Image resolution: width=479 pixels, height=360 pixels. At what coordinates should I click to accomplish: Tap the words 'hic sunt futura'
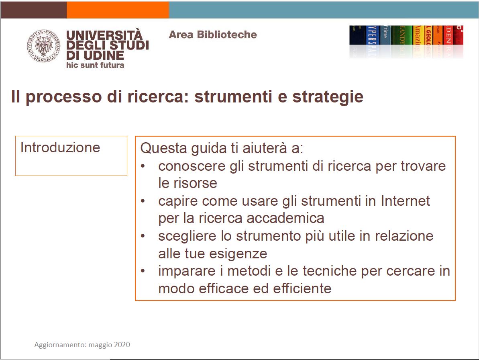(x=95, y=65)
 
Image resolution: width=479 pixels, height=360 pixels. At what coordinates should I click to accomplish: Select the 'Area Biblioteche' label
(x=213, y=35)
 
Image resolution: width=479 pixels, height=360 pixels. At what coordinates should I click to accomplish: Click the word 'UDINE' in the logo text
(x=101, y=55)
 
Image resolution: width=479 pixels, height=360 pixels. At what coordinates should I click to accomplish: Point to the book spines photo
(x=406, y=41)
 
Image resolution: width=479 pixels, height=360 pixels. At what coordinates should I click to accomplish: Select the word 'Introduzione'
(x=60, y=147)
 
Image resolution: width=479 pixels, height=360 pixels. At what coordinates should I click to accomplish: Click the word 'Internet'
(x=405, y=200)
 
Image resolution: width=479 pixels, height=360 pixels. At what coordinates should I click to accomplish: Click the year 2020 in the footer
(x=122, y=345)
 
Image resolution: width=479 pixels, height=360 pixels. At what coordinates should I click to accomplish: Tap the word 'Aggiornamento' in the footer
(x=60, y=345)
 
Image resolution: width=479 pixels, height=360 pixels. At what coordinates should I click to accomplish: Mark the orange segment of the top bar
(x=118, y=10)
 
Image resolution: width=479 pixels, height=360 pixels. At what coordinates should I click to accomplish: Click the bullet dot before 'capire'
(x=143, y=200)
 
